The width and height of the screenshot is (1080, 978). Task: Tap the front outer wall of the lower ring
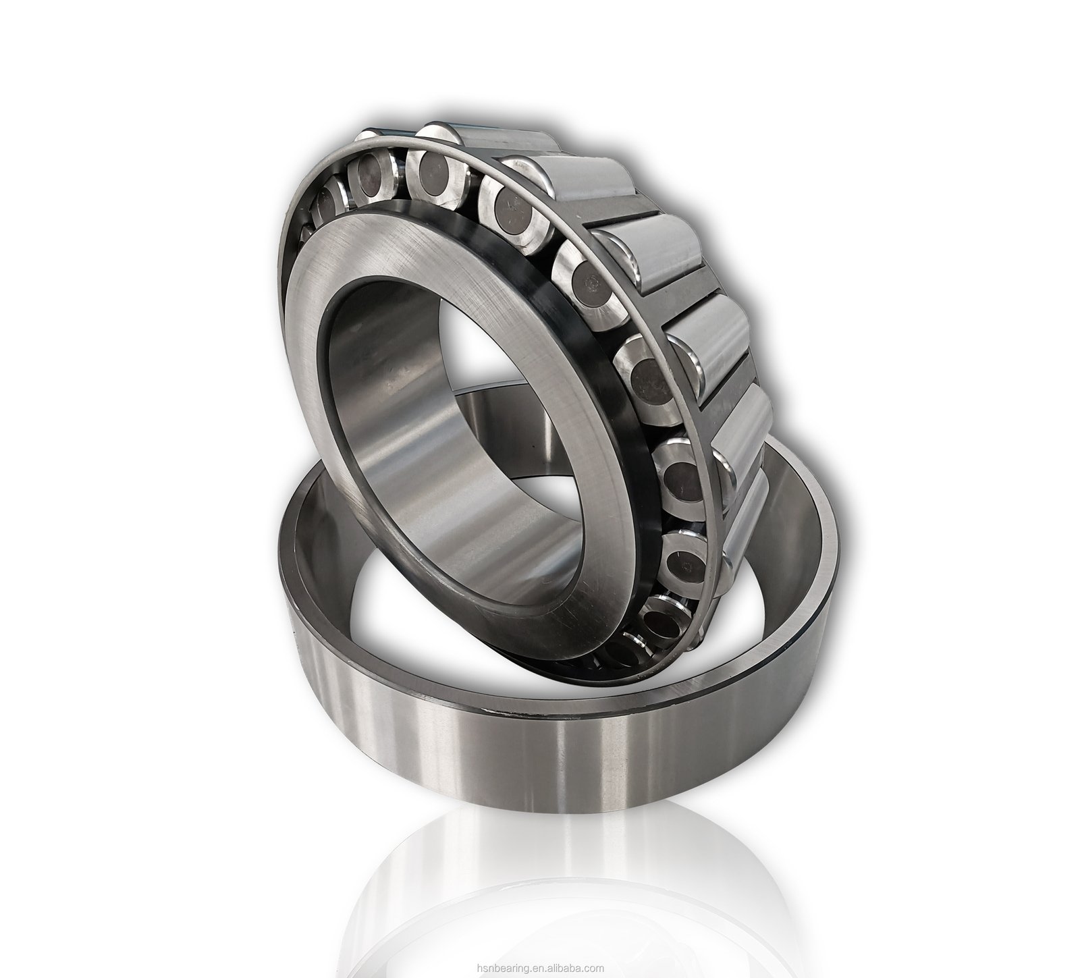click(540, 749)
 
